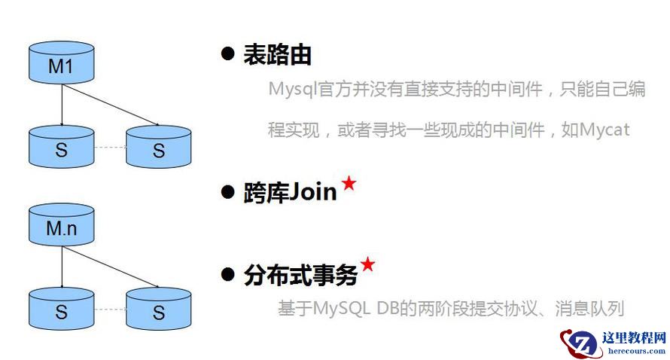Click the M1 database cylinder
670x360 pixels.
(x=61, y=63)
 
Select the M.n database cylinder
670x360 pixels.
(x=61, y=224)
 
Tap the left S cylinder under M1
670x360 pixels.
(x=61, y=147)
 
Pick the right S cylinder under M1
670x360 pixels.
(x=158, y=147)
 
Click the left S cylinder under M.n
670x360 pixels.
(x=61, y=308)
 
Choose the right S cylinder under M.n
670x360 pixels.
(x=158, y=308)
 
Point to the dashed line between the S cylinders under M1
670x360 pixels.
(x=110, y=147)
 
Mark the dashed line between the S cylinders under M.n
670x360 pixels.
(x=110, y=309)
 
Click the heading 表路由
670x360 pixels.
(x=277, y=54)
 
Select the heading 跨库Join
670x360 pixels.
(x=290, y=192)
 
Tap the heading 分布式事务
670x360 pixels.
(x=300, y=275)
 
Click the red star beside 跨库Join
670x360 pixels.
(x=349, y=183)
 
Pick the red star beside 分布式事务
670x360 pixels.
(x=367, y=264)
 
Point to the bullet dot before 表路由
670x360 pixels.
(x=227, y=54)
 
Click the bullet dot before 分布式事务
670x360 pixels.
(x=227, y=275)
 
